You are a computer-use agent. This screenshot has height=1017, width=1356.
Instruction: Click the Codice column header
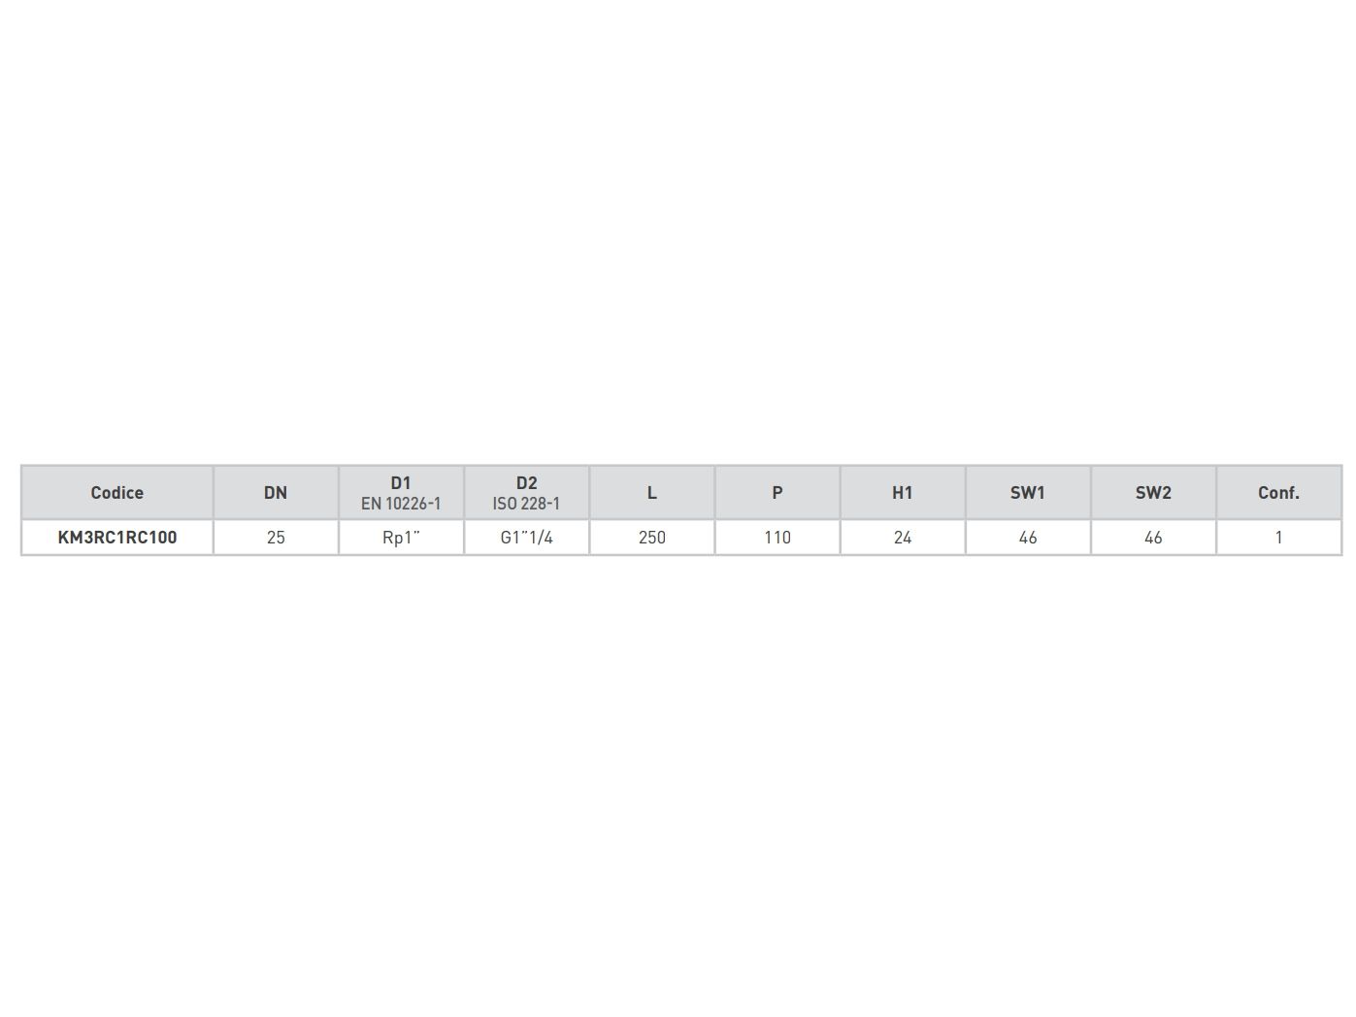click(x=116, y=492)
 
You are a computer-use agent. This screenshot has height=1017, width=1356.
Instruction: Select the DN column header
click(x=276, y=492)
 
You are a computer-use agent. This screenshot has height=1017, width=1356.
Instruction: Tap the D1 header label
click(x=401, y=482)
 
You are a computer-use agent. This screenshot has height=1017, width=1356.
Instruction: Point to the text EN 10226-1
click(x=401, y=504)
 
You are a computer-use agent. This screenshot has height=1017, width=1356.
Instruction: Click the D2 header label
click(x=526, y=482)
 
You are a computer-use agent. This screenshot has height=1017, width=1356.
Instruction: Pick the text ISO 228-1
click(x=526, y=504)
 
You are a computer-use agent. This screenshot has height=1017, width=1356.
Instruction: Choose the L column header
click(x=651, y=492)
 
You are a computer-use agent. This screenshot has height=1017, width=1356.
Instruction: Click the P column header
click(x=777, y=492)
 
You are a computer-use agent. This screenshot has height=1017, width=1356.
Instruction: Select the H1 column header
click(x=902, y=492)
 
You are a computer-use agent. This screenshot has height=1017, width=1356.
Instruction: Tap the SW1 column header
click(x=1027, y=492)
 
